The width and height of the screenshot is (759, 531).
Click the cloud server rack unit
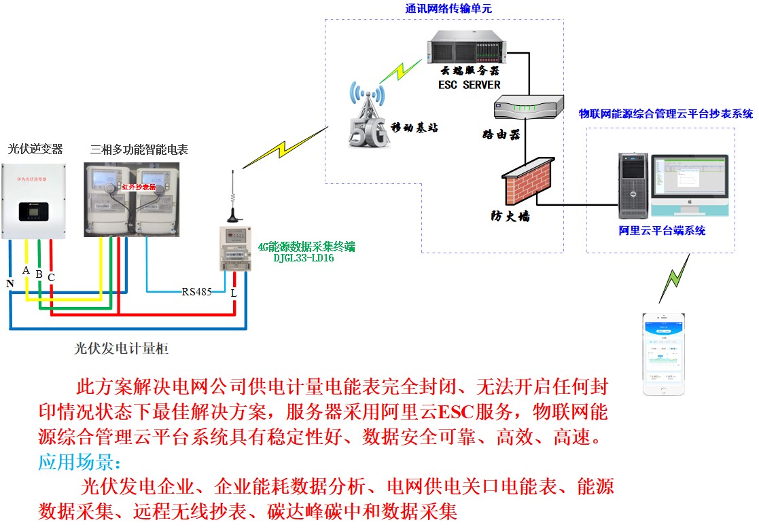pyautogui.click(x=465, y=50)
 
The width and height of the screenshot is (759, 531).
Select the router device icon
pyautogui.click(x=528, y=107)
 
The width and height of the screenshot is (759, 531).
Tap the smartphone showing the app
pyautogui.click(x=664, y=354)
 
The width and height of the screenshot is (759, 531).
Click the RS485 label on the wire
pyautogui.click(x=196, y=292)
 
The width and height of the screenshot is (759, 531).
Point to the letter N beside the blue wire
pyautogui.click(x=10, y=283)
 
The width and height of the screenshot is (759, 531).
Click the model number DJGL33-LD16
pyautogui.click(x=304, y=258)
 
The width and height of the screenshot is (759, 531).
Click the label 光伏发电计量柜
pyautogui.click(x=121, y=349)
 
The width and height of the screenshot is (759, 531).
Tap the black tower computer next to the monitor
pyautogui.click(x=633, y=183)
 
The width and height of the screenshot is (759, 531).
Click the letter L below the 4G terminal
pyautogui.click(x=234, y=293)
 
